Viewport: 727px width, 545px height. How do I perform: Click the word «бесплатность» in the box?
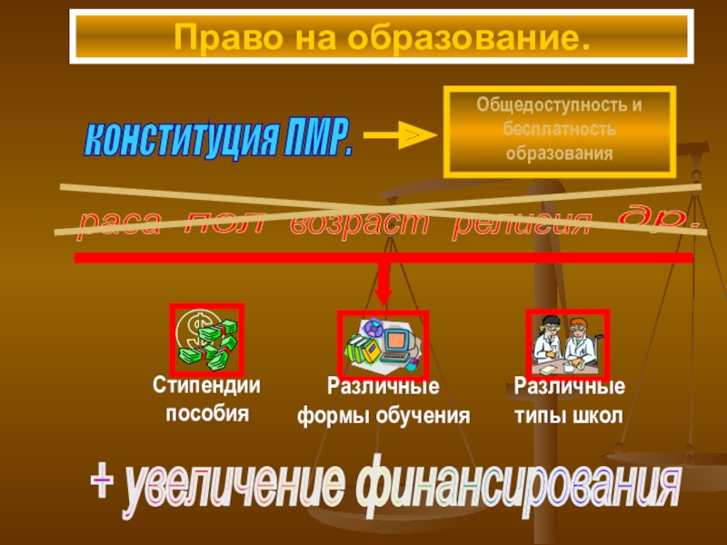[559, 129]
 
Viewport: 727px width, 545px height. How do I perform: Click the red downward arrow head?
[383, 296]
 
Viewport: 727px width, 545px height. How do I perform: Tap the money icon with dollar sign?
[206, 340]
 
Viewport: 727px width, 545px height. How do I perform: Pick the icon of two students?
[567, 343]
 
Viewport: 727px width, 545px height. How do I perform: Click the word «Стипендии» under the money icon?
[205, 386]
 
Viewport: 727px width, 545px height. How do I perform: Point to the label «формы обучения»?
[384, 417]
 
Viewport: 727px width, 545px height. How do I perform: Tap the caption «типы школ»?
[569, 416]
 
